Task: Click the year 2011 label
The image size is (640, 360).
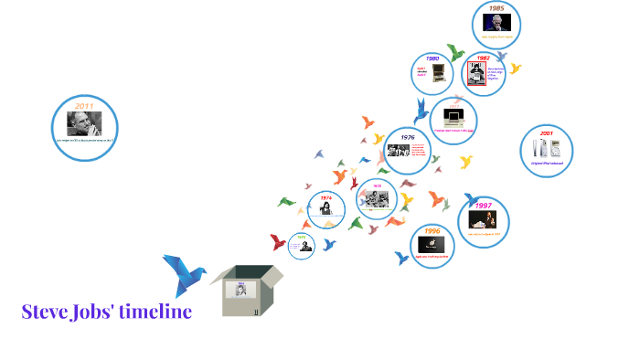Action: coord(84,107)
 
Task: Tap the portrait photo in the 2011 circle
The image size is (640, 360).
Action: coord(84,123)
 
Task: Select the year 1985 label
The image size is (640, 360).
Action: coord(496,8)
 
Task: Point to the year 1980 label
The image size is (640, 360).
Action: coord(433,58)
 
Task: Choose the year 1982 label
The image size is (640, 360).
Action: coord(483,58)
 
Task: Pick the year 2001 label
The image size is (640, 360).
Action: coord(546,132)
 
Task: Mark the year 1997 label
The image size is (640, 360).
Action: coord(484,206)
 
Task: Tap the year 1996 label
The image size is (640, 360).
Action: coord(432,231)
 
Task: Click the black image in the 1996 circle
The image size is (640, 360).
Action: coord(432,245)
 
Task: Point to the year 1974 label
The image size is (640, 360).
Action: coord(326,197)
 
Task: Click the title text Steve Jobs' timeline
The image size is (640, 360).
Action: coord(106,312)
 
